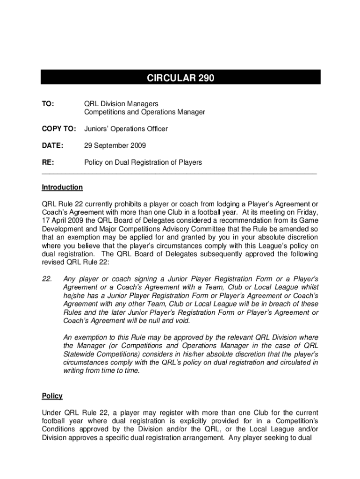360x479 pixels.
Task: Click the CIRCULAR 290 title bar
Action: tap(180, 78)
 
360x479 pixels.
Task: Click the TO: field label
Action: tap(48, 103)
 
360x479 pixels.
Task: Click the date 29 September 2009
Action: tap(115, 145)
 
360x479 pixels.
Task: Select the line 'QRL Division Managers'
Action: tap(121, 103)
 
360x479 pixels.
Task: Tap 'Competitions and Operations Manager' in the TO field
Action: tap(144, 112)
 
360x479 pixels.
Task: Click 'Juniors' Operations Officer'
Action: tap(125, 129)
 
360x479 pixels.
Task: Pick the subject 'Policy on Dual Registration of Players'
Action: tap(143, 162)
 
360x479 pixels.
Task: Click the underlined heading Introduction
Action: tap(62, 187)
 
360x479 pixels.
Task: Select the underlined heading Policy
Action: tap(52, 396)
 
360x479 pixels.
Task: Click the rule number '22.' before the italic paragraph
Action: tap(47, 279)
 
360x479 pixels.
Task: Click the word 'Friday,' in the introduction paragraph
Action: tap(307, 213)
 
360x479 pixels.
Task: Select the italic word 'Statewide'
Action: tap(79, 354)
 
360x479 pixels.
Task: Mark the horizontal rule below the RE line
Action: tap(180, 173)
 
